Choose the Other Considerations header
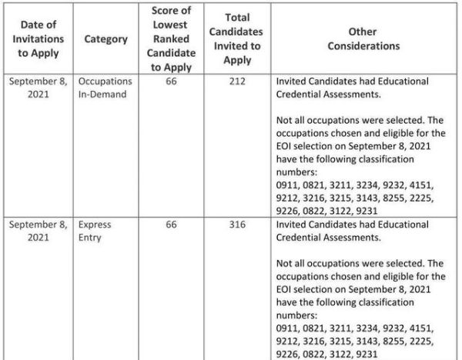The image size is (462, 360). (x=363, y=39)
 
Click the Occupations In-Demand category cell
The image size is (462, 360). (x=105, y=88)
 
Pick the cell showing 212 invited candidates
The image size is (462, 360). (x=237, y=81)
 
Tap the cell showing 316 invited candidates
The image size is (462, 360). (x=237, y=225)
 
